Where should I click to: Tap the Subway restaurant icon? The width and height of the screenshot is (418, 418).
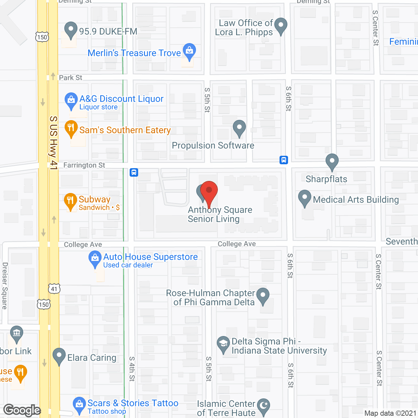[70, 200]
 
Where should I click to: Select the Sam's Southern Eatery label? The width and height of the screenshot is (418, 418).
[125, 130]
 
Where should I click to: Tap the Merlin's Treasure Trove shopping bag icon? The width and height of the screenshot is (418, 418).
[189, 51]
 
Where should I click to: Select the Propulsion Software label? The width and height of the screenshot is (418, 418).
[213, 146]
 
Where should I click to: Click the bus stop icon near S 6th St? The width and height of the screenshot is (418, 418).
[283, 160]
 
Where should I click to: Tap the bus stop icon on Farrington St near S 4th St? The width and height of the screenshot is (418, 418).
[134, 172]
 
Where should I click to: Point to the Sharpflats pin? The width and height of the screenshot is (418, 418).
[332, 161]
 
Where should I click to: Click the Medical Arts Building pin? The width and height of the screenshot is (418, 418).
[305, 198]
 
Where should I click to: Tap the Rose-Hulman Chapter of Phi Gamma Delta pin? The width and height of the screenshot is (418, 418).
[263, 295]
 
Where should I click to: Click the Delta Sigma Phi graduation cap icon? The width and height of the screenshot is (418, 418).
[223, 344]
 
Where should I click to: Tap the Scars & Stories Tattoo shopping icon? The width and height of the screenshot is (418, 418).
[79, 404]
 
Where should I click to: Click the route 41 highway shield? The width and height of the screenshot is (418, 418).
[54, 289]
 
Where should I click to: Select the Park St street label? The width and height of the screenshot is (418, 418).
[71, 78]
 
